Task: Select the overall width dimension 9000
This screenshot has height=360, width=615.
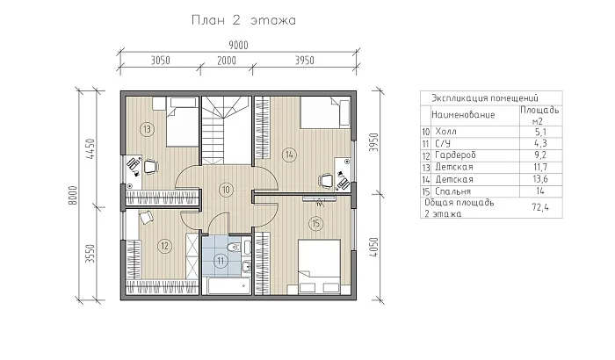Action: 238,45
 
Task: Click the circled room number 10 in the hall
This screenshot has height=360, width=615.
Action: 226,189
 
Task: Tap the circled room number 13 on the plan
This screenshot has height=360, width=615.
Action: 147,130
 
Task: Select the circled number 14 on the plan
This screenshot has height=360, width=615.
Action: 289,155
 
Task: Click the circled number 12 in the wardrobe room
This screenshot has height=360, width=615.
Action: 163,245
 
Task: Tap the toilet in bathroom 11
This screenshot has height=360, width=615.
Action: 228,256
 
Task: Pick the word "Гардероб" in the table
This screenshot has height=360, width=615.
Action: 452,154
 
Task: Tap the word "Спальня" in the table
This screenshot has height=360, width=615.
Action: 451,190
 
